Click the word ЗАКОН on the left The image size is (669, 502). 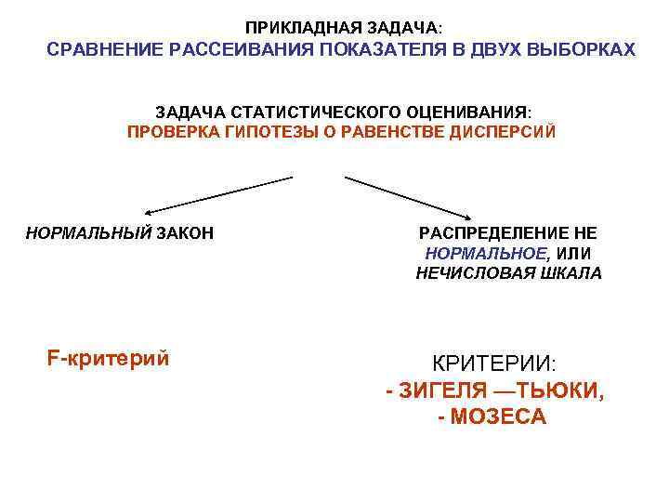coord(184,232)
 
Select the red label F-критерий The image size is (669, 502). coord(108,357)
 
